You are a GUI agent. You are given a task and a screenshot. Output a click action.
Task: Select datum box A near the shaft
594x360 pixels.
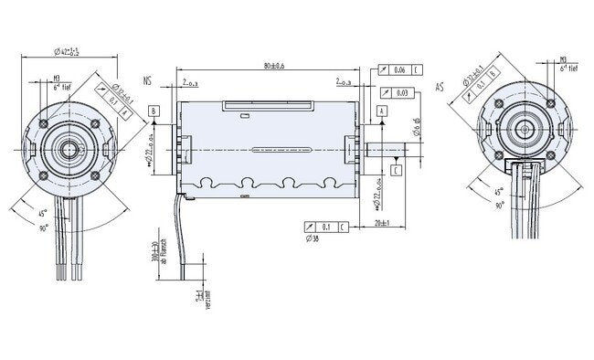click(x=380, y=110)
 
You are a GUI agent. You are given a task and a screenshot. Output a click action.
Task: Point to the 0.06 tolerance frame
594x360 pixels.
click(x=399, y=69)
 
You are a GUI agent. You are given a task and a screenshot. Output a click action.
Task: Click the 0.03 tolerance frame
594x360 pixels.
click(x=392, y=92)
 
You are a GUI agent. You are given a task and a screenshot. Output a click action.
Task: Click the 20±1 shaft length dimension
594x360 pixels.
click(x=380, y=224)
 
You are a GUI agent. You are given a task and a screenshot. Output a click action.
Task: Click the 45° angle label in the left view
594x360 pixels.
click(x=45, y=214)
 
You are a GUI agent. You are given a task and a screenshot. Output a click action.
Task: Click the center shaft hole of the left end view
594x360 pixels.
click(x=69, y=145)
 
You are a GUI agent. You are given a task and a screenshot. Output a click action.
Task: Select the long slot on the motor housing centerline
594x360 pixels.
click(x=271, y=146)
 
